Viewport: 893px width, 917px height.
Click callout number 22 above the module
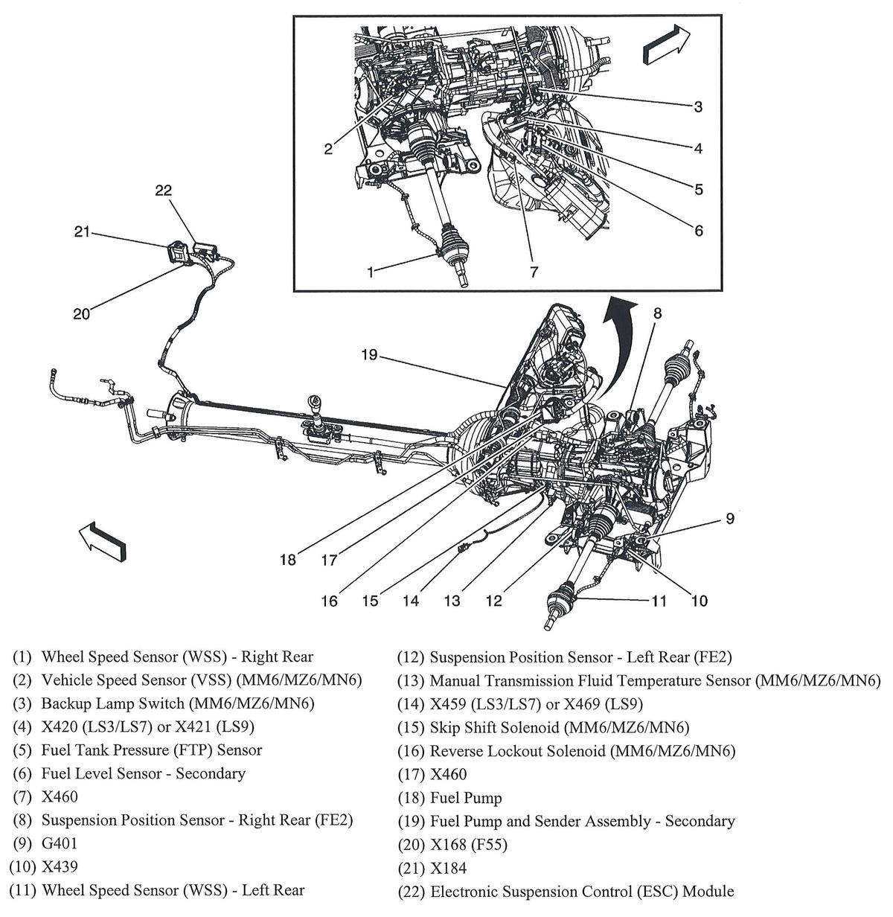pyautogui.click(x=163, y=191)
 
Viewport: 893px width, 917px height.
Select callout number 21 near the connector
pyautogui.click(x=82, y=232)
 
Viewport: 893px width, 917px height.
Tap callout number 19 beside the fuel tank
pyautogui.click(x=370, y=355)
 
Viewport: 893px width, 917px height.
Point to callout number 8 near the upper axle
pyautogui.click(x=657, y=313)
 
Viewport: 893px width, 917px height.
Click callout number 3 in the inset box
pyautogui.click(x=698, y=107)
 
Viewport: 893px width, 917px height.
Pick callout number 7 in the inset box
pyautogui.click(x=534, y=272)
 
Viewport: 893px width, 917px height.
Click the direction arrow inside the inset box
pyautogui.click(x=665, y=45)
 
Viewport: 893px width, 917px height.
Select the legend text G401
pyautogui.click(x=60, y=843)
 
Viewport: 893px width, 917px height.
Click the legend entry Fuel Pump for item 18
pyautogui.click(x=466, y=798)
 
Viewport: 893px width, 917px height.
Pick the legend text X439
pyautogui.click(x=60, y=866)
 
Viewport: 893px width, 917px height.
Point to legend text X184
pyautogui.click(x=449, y=868)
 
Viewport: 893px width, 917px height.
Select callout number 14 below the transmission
pyautogui.click(x=411, y=600)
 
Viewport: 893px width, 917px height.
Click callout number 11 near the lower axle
pyautogui.click(x=659, y=600)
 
